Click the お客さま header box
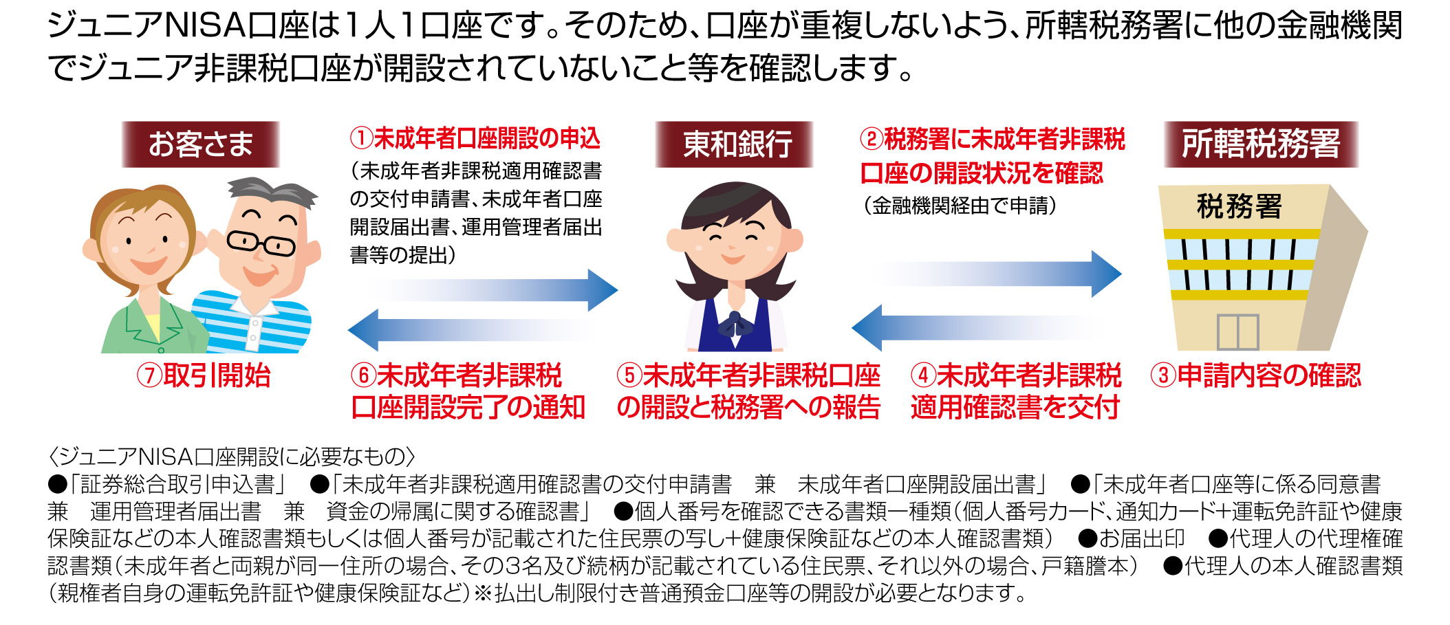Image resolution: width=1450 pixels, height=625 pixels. [201, 144]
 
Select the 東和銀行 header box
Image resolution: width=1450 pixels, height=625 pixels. [734, 144]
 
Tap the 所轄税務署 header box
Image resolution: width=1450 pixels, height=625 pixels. [1261, 144]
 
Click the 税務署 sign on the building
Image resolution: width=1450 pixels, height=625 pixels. [1239, 206]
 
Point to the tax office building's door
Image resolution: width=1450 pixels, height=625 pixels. [1237, 332]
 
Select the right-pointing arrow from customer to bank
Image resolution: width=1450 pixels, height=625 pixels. [492, 289]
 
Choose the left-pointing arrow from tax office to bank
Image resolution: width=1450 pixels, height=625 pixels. [977, 327]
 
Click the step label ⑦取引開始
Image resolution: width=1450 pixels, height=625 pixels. [204, 375]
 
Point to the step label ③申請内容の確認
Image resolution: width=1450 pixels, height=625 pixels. [1256, 375]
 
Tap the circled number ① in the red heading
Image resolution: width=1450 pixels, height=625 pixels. [361, 139]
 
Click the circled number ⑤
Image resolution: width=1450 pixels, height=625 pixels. [629, 375]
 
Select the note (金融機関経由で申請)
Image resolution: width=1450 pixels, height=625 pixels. [960, 206]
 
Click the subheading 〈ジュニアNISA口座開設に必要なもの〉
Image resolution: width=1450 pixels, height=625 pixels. [232, 457]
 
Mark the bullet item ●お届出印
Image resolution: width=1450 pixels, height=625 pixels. [1132, 538]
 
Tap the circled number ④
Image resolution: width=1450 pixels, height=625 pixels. [923, 375]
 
